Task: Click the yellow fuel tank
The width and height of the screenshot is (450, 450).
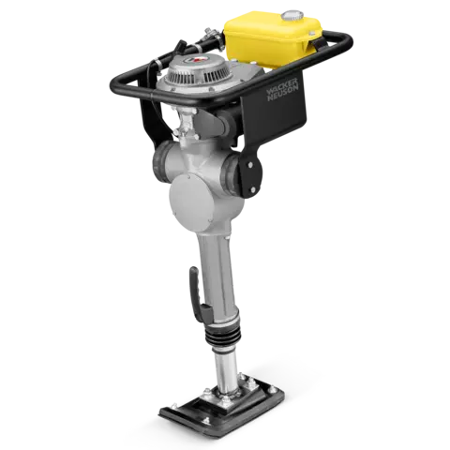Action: tap(273, 38)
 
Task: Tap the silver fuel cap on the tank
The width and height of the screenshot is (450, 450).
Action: tap(292, 16)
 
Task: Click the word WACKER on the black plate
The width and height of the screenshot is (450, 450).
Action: tap(282, 86)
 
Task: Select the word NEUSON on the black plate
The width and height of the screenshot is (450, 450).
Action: tap(283, 93)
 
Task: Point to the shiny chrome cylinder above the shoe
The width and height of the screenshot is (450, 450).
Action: tap(226, 369)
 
